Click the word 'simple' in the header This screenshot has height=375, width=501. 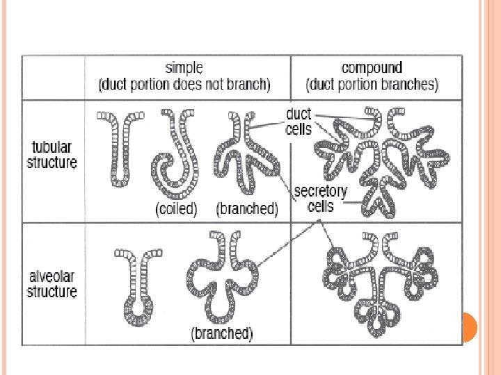pyautogui.click(x=184, y=68)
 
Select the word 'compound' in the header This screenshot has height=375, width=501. pyautogui.click(x=372, y=68)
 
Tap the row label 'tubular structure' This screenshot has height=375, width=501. pyautogui.click(x=52, y=155)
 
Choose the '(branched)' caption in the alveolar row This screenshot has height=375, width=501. pyautogui.click(x=222, y=333)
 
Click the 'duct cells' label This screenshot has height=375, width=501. pyautogui.click(x=299, y=121)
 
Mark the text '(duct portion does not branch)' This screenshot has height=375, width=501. pyautogui.click(x=184, y=86)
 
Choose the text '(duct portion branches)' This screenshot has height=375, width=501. pyautogui.click(x=372, y=86)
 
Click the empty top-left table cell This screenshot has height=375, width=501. pyautogui.click(x=53, y=77)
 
